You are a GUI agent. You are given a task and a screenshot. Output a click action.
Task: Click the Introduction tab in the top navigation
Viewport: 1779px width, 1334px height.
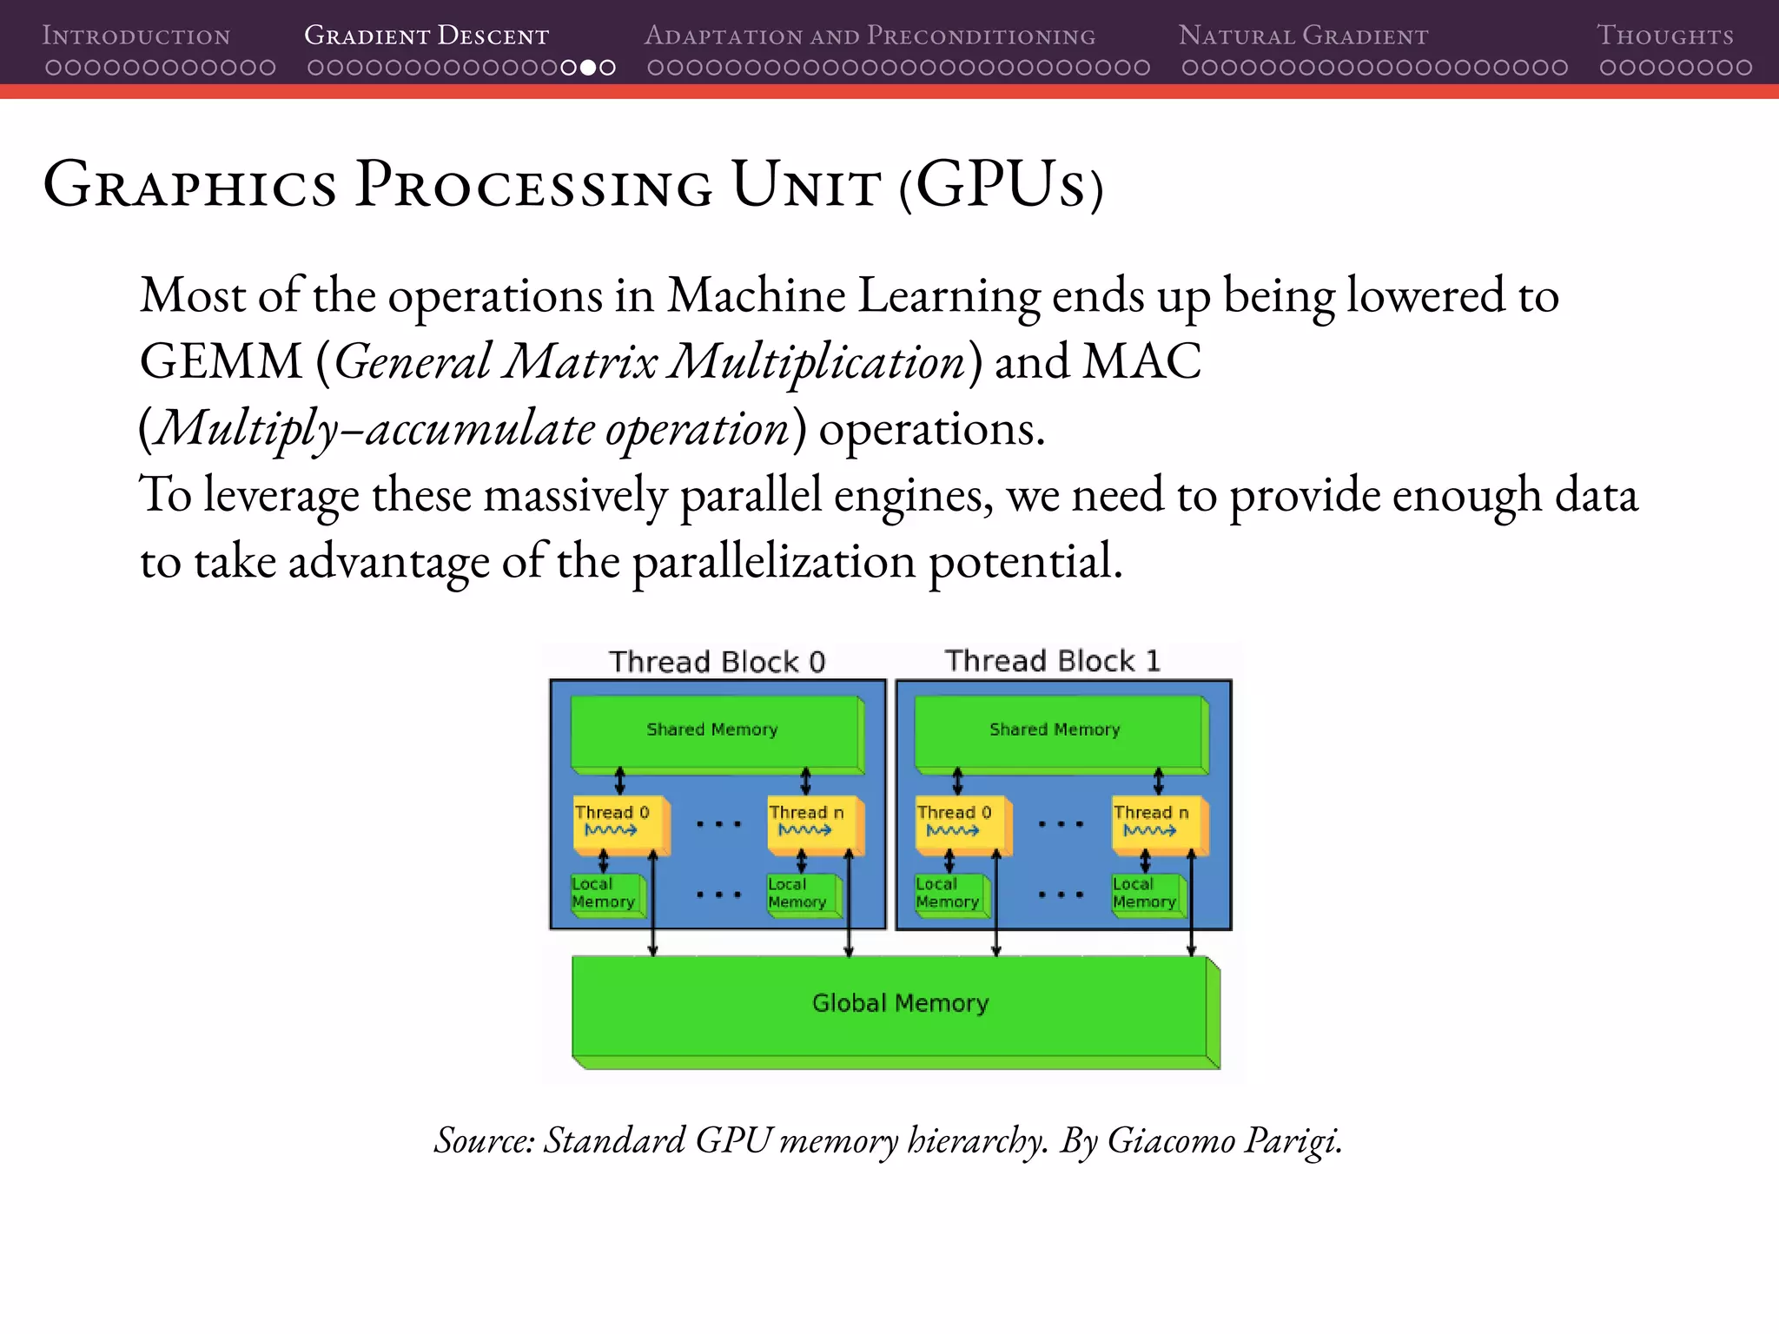136,36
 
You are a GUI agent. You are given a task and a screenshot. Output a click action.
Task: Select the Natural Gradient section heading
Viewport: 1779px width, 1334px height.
1303,36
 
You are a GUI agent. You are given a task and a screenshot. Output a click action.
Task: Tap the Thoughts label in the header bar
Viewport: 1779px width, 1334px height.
1664,36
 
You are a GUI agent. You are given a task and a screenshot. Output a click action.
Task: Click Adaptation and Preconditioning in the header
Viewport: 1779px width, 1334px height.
870,36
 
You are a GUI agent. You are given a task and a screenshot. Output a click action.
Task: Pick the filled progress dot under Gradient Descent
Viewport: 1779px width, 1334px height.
588,67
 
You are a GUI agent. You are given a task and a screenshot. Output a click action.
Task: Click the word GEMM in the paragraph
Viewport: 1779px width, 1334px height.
221,361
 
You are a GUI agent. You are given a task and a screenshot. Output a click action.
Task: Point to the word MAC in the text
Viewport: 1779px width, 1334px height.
1141,361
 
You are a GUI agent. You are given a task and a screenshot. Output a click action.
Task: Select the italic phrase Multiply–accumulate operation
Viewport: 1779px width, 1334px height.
472,428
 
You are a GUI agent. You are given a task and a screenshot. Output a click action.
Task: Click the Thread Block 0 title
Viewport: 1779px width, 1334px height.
717,662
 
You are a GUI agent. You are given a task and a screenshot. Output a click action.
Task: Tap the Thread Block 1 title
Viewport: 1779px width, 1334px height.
1052,661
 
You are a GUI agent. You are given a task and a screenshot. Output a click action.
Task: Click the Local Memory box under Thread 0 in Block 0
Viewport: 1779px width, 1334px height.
605,894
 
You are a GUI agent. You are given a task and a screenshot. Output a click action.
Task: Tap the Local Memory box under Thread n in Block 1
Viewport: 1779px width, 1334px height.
1145,894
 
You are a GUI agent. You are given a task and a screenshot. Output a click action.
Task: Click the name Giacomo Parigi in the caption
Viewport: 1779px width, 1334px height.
1224,1140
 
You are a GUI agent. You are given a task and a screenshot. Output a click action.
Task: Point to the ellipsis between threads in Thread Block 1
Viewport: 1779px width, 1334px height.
1061,823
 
